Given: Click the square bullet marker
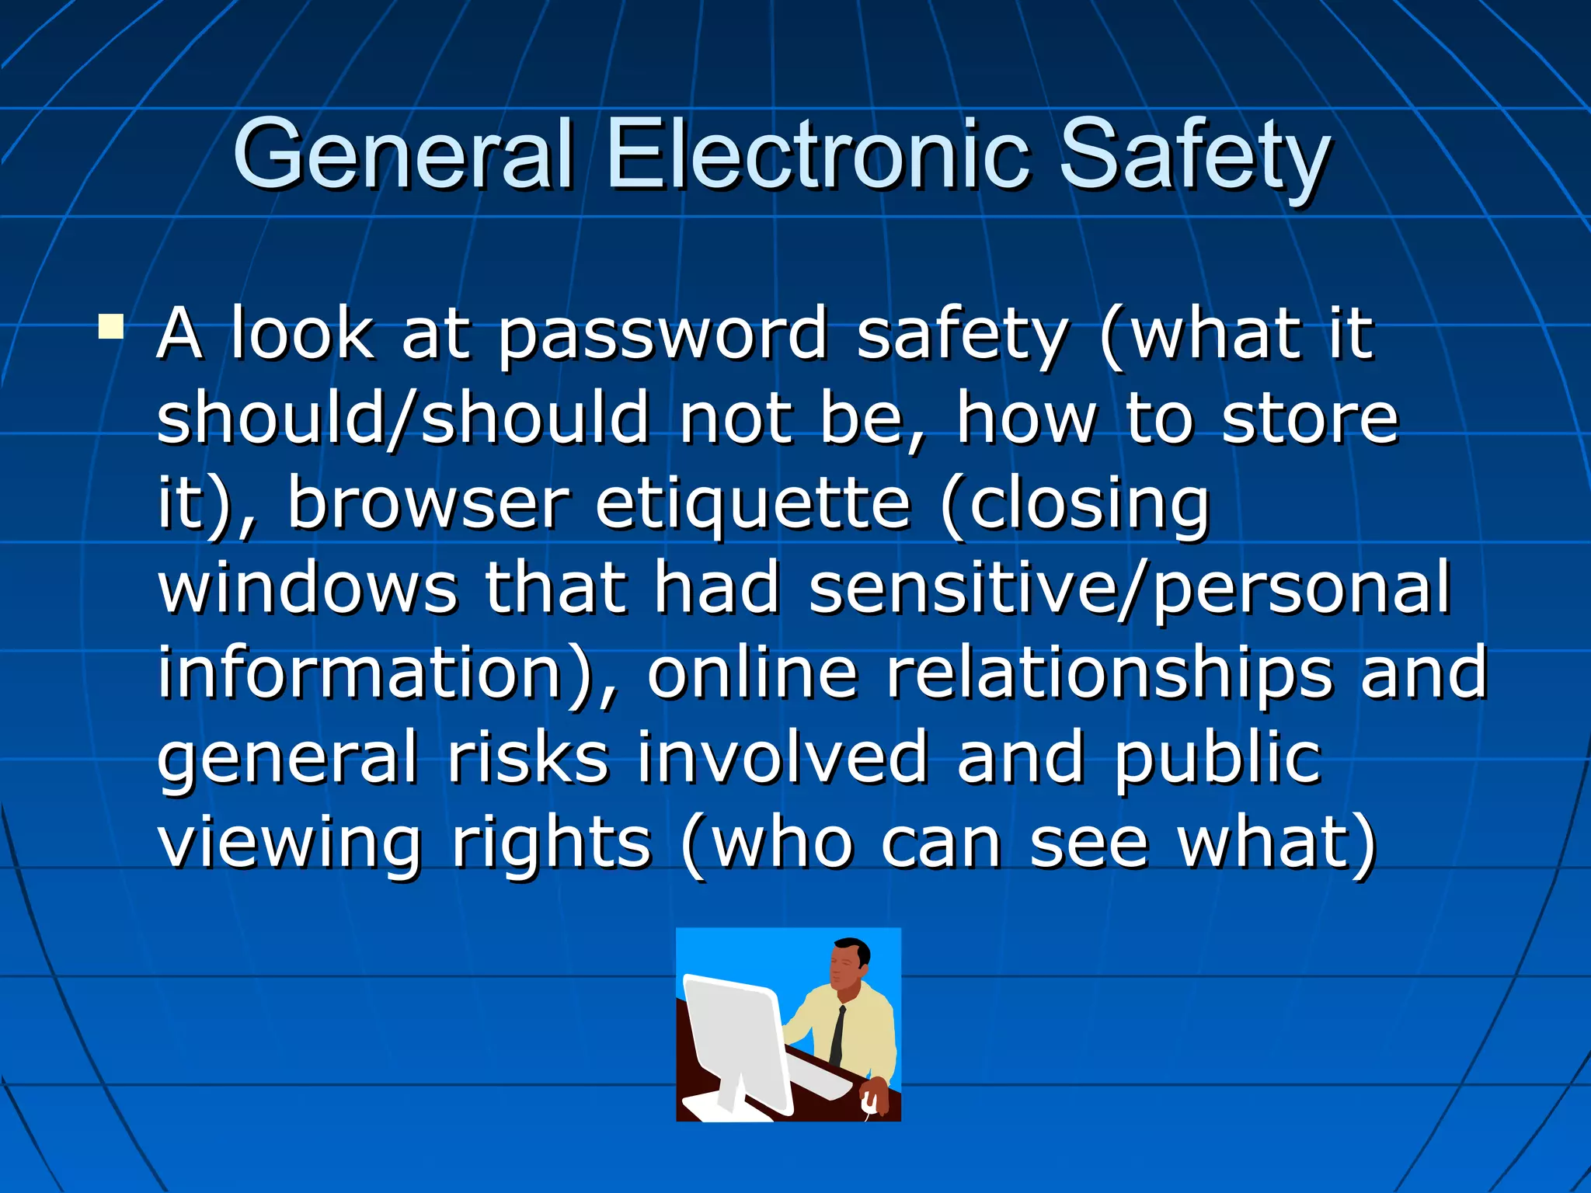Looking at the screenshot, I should click(111, 326).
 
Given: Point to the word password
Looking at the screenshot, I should click(663, 336).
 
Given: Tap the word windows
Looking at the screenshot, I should click(308, 588).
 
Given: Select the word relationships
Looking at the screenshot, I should click(1109, 673).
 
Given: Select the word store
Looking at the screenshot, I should click(1310, 419).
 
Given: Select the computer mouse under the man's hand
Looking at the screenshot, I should click(869, 1103).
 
